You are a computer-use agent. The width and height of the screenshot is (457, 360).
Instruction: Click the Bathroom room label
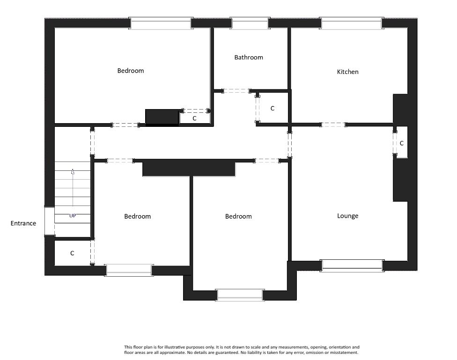(x=249, y=58)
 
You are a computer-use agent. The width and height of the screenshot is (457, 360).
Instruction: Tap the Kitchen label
(x=348, y=72)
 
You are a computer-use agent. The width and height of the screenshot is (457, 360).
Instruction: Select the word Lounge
(x=348, y=216)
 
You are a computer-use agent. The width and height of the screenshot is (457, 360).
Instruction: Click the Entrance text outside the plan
(x=23, y=224)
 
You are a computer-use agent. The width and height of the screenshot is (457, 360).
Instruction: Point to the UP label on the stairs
(x=73, y=216)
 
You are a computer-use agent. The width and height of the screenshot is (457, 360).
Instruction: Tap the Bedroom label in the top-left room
(x=131, y=71)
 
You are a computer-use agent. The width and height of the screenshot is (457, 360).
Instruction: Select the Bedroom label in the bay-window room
(x=238, y=217)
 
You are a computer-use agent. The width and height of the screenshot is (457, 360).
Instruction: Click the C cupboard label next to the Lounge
(x=402, y=143)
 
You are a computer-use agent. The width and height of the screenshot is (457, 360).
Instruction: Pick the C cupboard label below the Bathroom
(x=273, y=109)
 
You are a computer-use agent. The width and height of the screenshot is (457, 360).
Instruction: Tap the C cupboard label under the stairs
(x=72, y=253)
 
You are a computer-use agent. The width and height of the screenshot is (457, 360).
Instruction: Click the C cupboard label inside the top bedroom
(x=194, y=119)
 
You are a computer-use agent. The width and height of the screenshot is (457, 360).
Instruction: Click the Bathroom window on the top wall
(x=250, y=23)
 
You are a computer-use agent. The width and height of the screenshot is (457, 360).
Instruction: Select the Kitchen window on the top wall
(x=351, y=23)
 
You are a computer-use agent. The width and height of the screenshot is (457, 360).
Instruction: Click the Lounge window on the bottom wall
(x=353, y=265)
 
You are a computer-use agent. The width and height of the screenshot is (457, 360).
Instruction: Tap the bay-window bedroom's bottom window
(x=240, y=294)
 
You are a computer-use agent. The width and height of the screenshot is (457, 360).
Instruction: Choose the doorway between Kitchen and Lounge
(x=333, y=125)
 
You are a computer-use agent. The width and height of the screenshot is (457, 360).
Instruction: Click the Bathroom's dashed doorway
(x=236, y=91)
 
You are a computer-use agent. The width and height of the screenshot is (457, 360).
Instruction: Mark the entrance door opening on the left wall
(x=49, y=220)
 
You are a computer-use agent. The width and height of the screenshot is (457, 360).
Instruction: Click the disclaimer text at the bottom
(x=242, y=350)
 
